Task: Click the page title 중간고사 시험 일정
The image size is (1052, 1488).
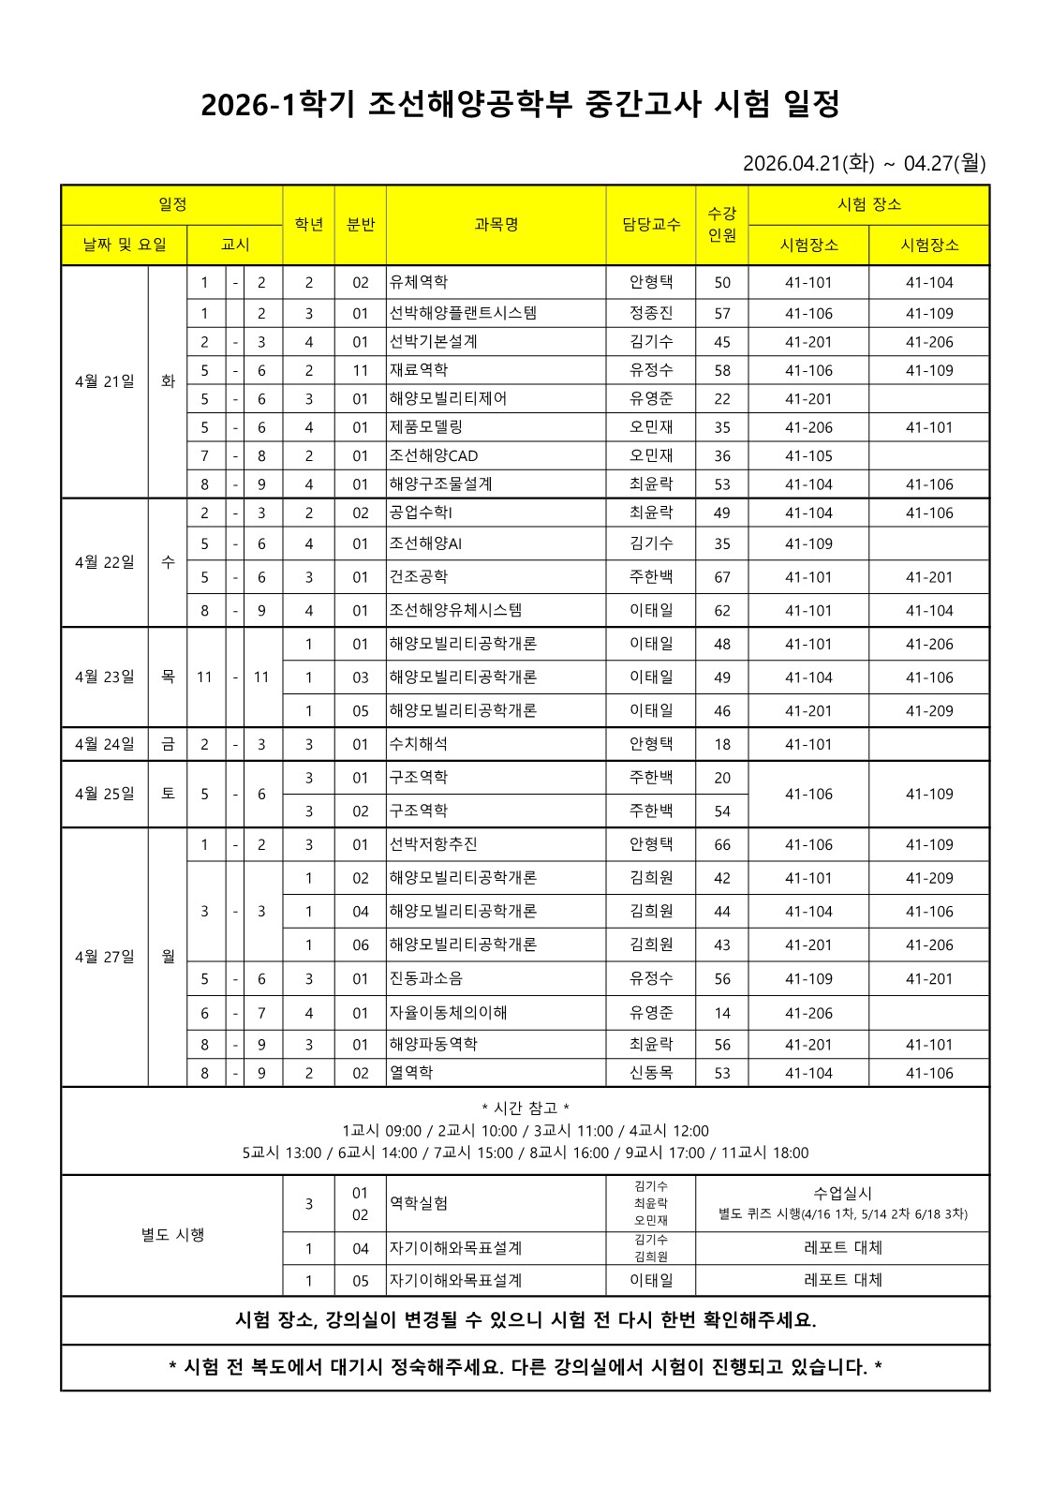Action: click(x=520, y=105)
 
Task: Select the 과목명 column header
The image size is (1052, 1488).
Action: click(x=496, y=225)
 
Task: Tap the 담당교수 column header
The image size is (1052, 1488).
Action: click(x=651, y=225)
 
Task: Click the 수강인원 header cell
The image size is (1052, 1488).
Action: click(x=721, y=225)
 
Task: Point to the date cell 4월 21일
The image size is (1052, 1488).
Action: click(x=105, y=381)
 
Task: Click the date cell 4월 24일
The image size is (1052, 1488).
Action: click(x=105, y=744)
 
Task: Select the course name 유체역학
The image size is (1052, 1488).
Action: click(x=419, y=282)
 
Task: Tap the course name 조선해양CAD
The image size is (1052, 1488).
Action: click(x=434, y=456)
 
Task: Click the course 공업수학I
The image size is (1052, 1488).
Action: click(x=422, y=513)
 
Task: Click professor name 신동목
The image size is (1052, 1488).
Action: click(x=651, y=1073)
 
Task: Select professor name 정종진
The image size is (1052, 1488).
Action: click(x=651, y=313)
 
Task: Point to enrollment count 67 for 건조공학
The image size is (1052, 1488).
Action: click(x=721, y=577)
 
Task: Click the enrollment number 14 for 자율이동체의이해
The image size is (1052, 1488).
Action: click(x=721, y=1013)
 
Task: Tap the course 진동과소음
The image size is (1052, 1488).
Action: click(x=426, y=979)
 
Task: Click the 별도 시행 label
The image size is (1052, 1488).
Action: click(x=172, y=1235)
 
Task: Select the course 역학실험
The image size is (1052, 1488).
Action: click(x=419, y=1203)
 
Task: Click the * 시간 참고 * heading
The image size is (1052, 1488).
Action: click(x=526, y=1108)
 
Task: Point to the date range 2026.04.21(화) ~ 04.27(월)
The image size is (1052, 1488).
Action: click(x=864, y=163)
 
